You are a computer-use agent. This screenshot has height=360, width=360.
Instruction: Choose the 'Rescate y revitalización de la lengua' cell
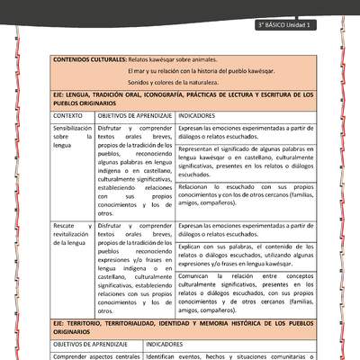(x=72, y=235)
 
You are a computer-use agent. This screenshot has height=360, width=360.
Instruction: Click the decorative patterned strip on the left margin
(x=18, y=180)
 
